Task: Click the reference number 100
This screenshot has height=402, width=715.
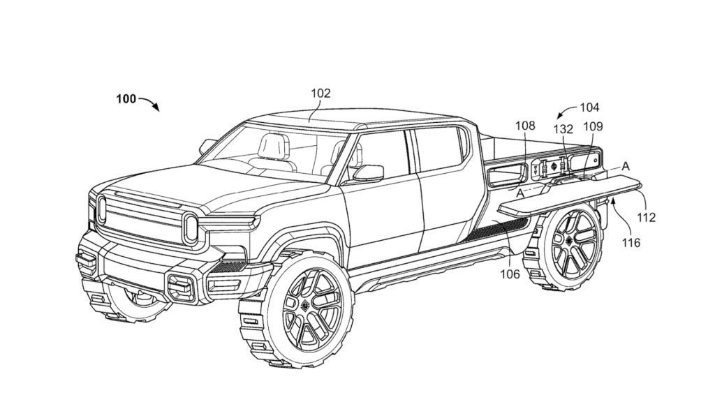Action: (x=126, y=99)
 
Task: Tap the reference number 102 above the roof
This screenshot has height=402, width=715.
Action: (x=322, y=92)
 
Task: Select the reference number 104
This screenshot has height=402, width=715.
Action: (x=589, y=107)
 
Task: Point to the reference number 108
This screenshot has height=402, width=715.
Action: (x=525, y=126)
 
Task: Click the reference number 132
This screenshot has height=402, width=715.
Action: (x=563, y=129)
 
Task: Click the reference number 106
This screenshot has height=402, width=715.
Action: (x=510, y=274)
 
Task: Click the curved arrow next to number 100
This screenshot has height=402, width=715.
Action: (x=149, y=103)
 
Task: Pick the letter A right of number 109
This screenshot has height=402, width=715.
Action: (x=625, y=166)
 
